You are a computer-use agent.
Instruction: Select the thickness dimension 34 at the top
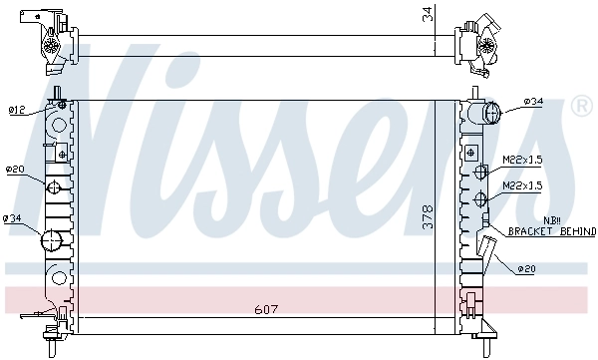pos(428,14)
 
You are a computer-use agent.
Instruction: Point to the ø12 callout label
pos(17,110)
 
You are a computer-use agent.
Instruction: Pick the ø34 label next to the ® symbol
pos(533,102)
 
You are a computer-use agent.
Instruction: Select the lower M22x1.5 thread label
pos(523,184)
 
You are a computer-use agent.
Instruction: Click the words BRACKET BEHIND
pos(551,231)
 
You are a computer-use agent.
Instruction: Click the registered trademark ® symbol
pos(582,104)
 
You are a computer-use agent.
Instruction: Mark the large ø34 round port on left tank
pos(51,239)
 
